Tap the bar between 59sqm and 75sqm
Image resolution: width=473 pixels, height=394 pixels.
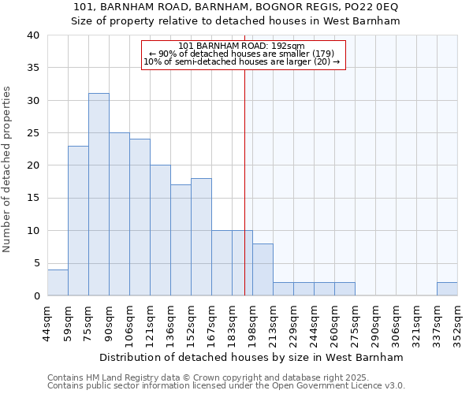[78, 221]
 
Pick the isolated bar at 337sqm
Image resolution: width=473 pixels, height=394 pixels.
[447, 288]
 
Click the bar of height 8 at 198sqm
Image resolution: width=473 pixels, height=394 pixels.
[263, 269]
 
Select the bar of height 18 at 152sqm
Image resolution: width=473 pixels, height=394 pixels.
[201, 236]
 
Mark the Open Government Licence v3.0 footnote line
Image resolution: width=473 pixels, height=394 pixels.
[226, 386]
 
